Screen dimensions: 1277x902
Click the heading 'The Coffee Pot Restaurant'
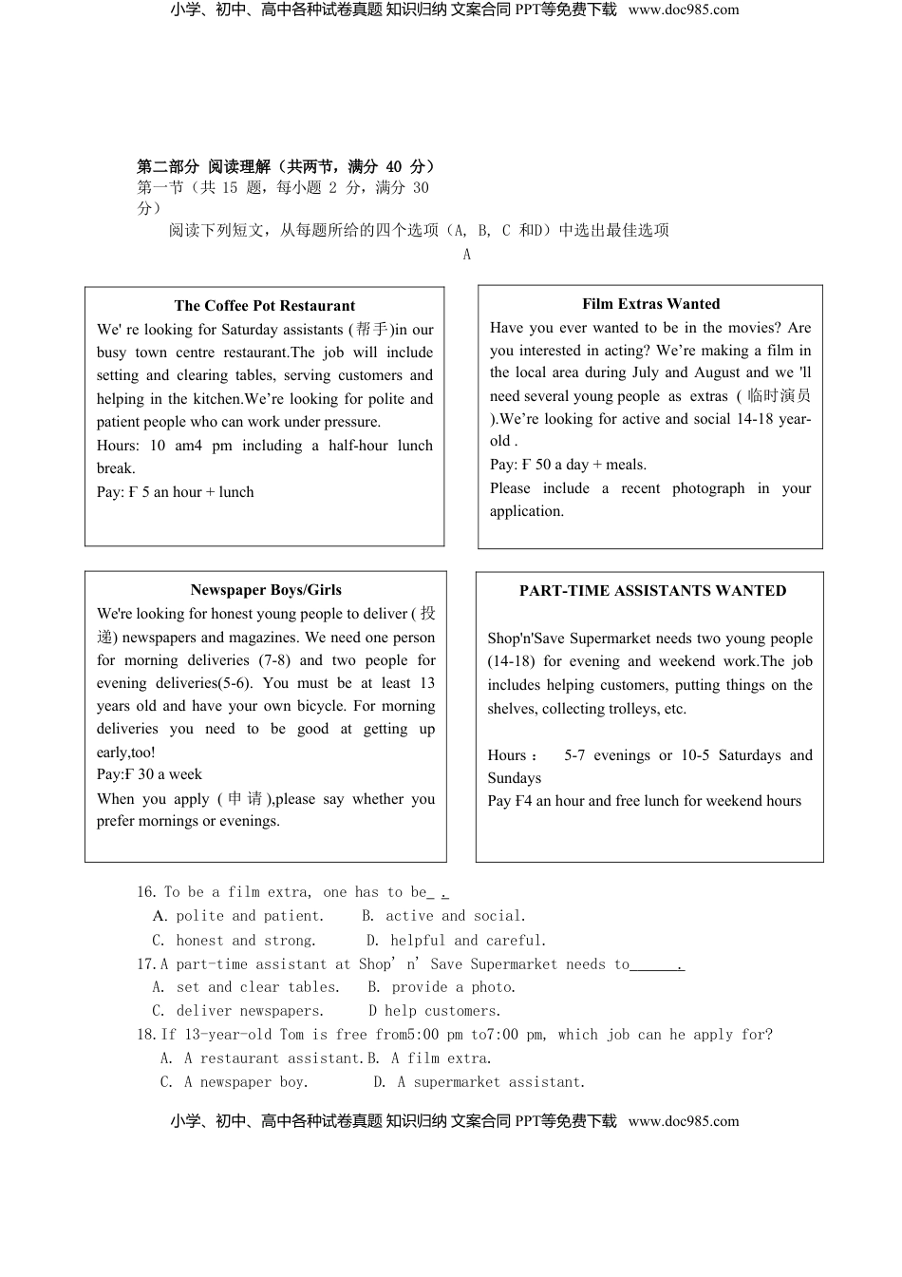point(264,306)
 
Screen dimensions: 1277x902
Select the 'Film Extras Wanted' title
point(650,304)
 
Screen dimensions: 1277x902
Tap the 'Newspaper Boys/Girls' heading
point(266,590)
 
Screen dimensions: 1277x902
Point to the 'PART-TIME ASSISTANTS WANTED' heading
point(652,591)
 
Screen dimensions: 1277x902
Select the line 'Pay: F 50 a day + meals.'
point(568,465)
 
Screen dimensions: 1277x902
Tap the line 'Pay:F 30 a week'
point(149,774)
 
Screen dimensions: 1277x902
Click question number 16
point(145,892)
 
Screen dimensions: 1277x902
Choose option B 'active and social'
point(443,916)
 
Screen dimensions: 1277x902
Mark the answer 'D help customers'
point(435,1011)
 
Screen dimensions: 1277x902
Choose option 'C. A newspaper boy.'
point(234,1082)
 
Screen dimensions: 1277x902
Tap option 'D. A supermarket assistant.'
point(479,1082)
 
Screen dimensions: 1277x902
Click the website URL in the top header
point(683,10)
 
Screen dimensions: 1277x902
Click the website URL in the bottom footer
point(683,1121)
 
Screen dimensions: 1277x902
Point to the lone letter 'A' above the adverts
point(466,254)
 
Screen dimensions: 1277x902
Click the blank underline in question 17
point(655,965)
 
